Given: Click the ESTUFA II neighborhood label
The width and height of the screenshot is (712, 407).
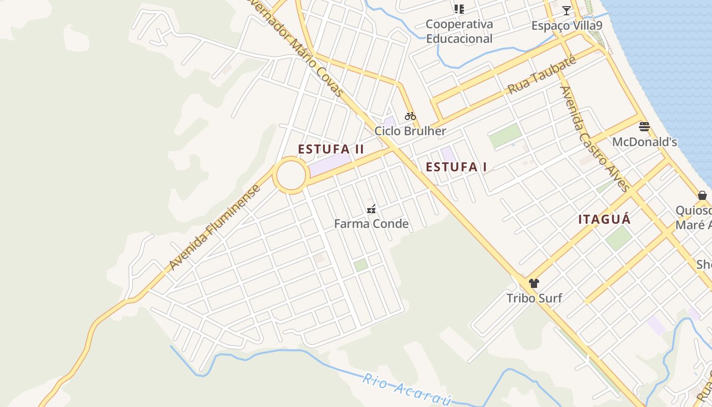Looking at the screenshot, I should [x=331, y=149].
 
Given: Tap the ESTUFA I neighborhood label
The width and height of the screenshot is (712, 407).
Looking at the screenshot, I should [x=456, y=167].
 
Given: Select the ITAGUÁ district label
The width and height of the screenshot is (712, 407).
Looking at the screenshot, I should [x=604, y=219].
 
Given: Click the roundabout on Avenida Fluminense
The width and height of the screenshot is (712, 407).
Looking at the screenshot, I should [x=291, y=175].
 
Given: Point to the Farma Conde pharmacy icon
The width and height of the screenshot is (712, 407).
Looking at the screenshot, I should [x=371, y=209].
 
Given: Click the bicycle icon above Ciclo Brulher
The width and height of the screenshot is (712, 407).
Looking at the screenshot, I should [x=410, y=116].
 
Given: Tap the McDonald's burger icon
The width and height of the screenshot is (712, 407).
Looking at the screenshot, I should [x=644, y=126].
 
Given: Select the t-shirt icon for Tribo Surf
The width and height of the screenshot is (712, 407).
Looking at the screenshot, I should [x=533, y=283].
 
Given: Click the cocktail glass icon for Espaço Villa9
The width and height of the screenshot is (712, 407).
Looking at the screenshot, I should [x=566, y=10].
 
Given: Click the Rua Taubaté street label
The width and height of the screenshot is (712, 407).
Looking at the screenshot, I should [x=542, y=75].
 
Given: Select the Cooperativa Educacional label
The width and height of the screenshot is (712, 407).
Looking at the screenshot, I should [x=459, y=31].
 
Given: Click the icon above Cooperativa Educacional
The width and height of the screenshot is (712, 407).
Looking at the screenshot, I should [x=459, y=9].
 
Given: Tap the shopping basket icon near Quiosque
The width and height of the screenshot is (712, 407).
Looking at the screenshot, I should [x=702, y=195].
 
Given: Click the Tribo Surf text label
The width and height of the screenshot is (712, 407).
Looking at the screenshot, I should [x=534, y=298].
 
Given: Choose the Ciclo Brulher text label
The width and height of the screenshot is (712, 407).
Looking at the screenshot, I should [x=410, y=131].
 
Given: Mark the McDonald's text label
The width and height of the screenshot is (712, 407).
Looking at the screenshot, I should [x=644, y=142].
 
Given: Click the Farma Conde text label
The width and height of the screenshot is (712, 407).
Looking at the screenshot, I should [x=371, y=224].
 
